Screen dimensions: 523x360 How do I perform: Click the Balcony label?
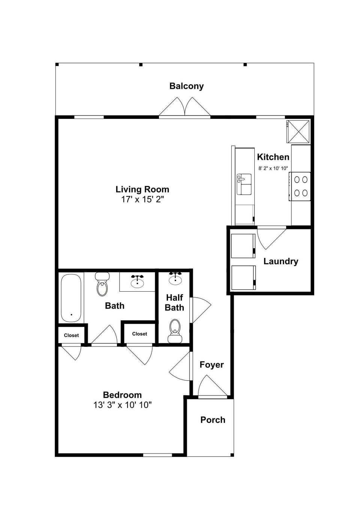point(186,86)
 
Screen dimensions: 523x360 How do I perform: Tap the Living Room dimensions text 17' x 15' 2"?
point(142,199)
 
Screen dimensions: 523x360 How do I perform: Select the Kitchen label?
point(273,157)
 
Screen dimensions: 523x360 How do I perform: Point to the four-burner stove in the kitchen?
point(300,186)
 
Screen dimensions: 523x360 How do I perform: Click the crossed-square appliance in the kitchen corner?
point(298,131)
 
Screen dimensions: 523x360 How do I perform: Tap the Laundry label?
point(280,261)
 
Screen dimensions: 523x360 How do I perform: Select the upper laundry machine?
point(243,246)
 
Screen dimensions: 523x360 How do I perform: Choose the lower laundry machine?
point(243,278)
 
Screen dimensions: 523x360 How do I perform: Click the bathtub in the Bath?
point(71,298)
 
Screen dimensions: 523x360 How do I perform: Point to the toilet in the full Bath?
point(102,284)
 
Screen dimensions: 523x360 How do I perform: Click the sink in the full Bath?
point(137,281)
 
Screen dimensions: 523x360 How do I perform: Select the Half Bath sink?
point(175,279)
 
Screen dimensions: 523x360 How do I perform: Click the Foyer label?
point(211,365)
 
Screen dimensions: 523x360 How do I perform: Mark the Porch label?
point(213,420)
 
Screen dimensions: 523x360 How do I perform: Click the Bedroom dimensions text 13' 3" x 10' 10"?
point(122,405)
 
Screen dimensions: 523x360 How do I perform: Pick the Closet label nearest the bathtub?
point(71,336)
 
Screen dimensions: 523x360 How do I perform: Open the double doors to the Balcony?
point(184,108)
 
